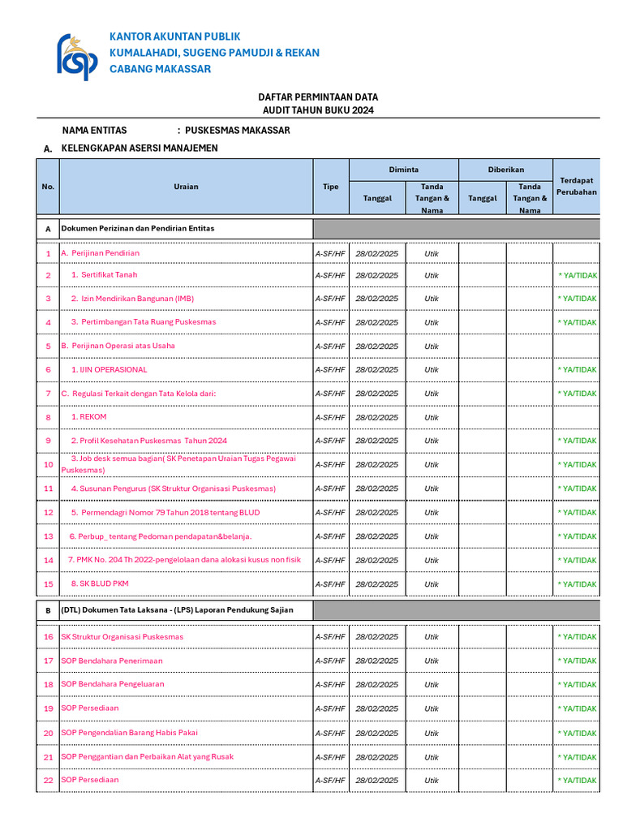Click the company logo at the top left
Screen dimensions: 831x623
click(x=77, y=56)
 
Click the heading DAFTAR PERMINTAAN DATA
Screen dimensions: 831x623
click(x=318, y=97)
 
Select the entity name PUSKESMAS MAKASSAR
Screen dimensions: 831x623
click(x=238, y=130)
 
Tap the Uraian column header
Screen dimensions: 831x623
click(x=186, y=187)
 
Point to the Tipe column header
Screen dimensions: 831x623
click(x=331, y=187)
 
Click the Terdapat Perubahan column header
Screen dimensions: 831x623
click(x=577, y=187)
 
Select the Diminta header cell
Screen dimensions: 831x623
click(x=403, y=170)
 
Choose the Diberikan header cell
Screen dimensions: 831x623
click(x=505, y=170)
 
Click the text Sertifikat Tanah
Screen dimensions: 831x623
click(x=110, y=275)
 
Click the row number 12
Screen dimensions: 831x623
click(x=48, y=513)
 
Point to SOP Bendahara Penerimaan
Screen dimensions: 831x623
click(x=112, y=661)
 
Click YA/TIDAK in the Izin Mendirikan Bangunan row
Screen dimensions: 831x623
click(x=578, y=299)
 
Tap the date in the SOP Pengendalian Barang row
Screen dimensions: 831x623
click(x=377, y=733)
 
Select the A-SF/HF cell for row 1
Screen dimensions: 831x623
click(x=330, y=253)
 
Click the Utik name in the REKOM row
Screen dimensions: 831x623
click(x=432, y=417)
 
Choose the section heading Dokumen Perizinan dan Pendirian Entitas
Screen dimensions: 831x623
click(x=138, y=229)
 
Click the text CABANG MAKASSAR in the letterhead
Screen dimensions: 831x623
click(x=160, y=69)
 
